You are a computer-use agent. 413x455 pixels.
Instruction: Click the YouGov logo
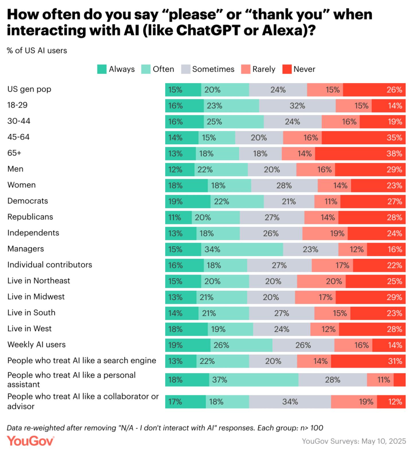pyautogui.click(x=30, y=441)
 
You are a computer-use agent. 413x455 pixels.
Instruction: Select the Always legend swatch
pyautogui.click(x=102, y=69)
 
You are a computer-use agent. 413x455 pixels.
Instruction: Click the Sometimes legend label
pyautogui.click(x=213, y=69)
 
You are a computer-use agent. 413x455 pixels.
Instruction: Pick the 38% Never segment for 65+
pyautogui.click(x=360, y=154)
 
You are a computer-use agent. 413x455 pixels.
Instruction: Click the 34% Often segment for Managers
pyautogui.click(x=242, y=249)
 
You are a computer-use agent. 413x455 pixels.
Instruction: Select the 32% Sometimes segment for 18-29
pyautogui.click(x=297, y=106)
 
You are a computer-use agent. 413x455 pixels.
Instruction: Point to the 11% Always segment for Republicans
pyautogui.click(x=178, y=218)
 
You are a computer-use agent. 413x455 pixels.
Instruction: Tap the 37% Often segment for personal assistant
pyautogui.click(x=254, y=380)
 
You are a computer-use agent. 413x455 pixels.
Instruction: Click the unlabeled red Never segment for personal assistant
pyautogui.click(x=400, y=380)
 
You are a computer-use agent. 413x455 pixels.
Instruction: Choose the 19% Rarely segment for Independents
pyautogui.click(x=325, y=233)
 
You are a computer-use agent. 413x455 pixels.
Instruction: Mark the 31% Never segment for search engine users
pyautogui.click(x=368, y=361)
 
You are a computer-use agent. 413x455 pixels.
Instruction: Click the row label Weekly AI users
pyautogui.click(x=36, y=344)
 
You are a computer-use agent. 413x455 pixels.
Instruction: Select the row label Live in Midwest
pyautogui.click(x=36, y=297)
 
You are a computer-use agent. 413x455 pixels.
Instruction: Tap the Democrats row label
pyautogui.click(x=28, y=201)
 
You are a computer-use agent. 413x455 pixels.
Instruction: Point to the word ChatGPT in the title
pyautogui.click(x=208, y=30)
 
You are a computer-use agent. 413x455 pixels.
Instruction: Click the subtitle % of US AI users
pyautogui.click(x=37, y=51)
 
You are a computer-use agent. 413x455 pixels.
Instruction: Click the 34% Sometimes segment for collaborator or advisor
pyautogui.click(x=290, y=402)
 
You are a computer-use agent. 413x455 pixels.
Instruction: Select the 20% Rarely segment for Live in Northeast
pyautogui.click(x=321, y=281)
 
